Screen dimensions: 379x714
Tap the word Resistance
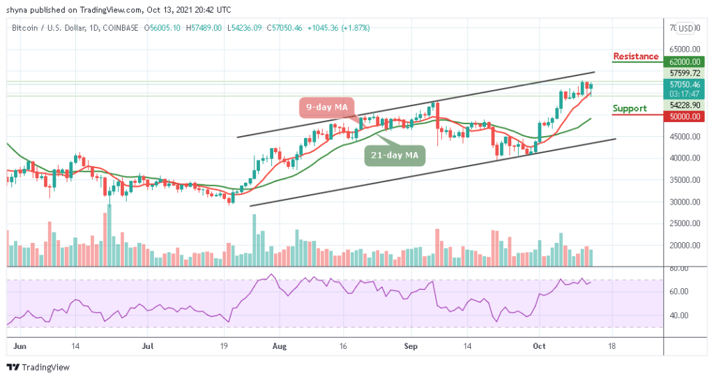[x=635, y=57]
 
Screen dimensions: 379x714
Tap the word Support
[x=629, y=108]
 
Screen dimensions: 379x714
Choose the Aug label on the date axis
[x=279, y=345]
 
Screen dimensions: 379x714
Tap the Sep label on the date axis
[x=410, y=345]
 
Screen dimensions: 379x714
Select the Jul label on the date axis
[x=147, y=345]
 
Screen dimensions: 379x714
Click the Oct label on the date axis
[x=538, y=345]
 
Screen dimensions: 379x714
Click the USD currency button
[x=686, y=28]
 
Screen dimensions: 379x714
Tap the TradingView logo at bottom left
[x=34, y=367]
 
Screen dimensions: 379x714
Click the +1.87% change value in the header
[x=356, y=28]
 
